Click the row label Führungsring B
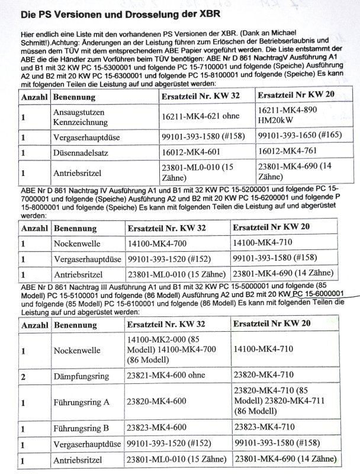(x=82, y=428)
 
